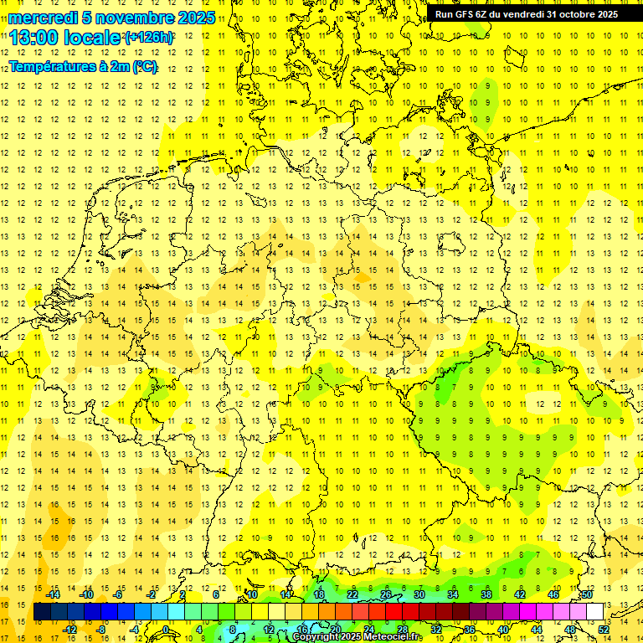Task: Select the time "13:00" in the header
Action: point(37,39)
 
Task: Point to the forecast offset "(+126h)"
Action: point(149,39)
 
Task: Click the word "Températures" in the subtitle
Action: point(52,66)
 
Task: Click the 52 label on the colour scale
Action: point(604,630)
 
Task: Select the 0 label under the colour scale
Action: point(167,630)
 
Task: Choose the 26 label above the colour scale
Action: point(386,594)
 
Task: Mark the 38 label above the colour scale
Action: point(486,594)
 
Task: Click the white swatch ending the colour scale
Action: point(594,612)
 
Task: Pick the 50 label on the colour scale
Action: point(587,594)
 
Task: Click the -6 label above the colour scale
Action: point(119,594)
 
